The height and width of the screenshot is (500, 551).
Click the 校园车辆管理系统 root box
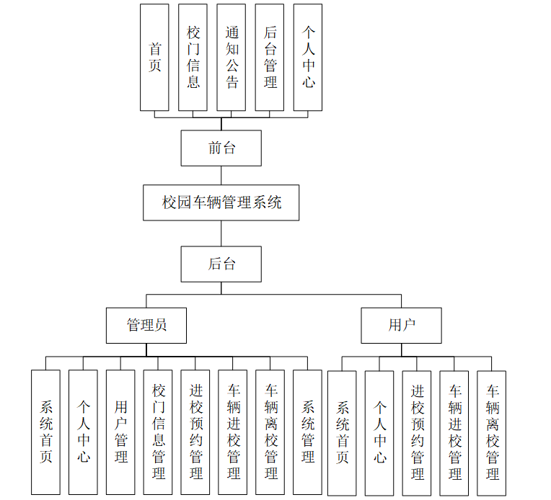coord(221,202)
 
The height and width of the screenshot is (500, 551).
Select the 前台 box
coord(221,148)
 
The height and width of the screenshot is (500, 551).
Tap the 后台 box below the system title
coord(221,264)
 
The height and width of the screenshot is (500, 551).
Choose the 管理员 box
coord(146,325)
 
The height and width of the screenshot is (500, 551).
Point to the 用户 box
coord(402,325)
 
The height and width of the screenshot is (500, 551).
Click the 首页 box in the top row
coord(154,58)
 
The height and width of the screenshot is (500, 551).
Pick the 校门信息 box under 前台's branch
coord(193,58)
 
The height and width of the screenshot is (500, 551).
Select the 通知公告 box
coord(231,58)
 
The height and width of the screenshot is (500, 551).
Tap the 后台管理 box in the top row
coord(269,58)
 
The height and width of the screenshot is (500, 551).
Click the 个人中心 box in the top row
coord(308,58)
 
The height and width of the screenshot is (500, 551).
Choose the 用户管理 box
coord(120,432)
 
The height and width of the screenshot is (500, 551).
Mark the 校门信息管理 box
coord(158,432)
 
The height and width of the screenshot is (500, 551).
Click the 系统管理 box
coord(308,432)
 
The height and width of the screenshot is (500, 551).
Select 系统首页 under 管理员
coord(45,432)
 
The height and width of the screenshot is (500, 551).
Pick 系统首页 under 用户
coord(342,432)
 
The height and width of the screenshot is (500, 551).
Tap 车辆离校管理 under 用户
coord(492,432)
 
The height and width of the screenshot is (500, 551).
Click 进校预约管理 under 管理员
coord(195,432)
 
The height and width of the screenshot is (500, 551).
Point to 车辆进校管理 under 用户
coord(454,432)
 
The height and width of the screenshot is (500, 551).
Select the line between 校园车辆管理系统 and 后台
coord(221,233)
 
